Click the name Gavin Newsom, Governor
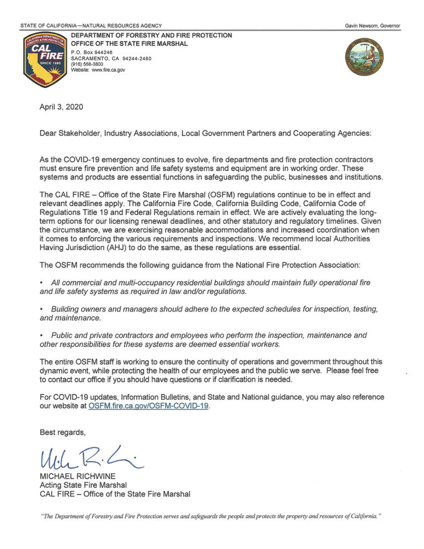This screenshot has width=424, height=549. click(373, 26)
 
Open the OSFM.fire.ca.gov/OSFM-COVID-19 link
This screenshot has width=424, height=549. click(150, 406)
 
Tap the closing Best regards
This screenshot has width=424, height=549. click(63, 431)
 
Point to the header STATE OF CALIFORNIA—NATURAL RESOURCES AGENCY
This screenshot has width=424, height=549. click(91, 26)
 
